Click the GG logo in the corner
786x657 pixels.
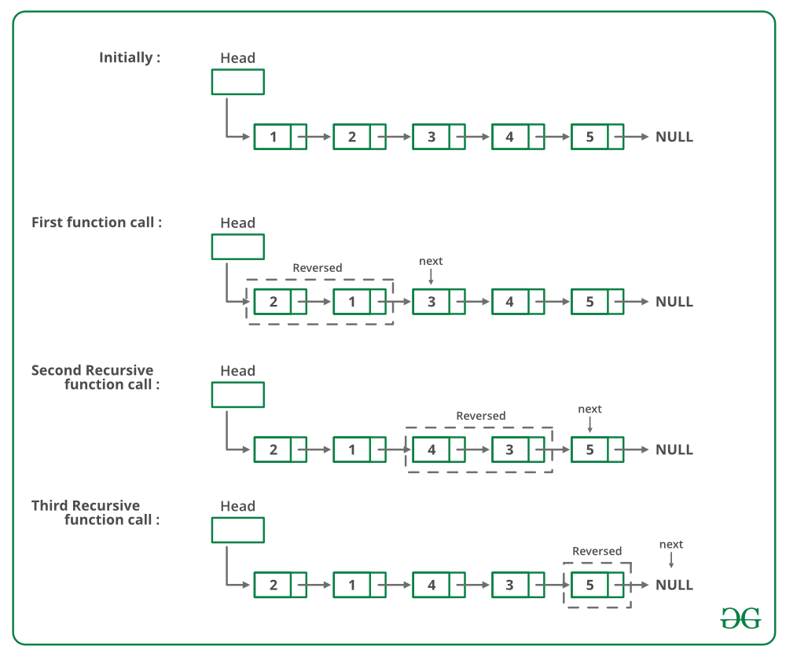click(740, 618)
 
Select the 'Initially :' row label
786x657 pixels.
click(130, 57)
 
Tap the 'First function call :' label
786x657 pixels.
click(97, 222)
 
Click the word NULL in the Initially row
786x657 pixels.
click(674, 137)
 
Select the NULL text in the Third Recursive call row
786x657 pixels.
click(674, 585)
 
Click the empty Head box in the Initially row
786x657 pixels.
click(237, 82)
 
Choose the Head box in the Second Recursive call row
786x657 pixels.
click(237, 395)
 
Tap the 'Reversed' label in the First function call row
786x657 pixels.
click(318, 268)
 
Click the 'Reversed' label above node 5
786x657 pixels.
click(597, 551)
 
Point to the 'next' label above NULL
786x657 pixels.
click(671, 545)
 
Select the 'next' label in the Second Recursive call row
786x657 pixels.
click(589, 409)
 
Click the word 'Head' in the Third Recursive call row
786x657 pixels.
click(237, 506)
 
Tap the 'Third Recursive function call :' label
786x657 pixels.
click(96, 512)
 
